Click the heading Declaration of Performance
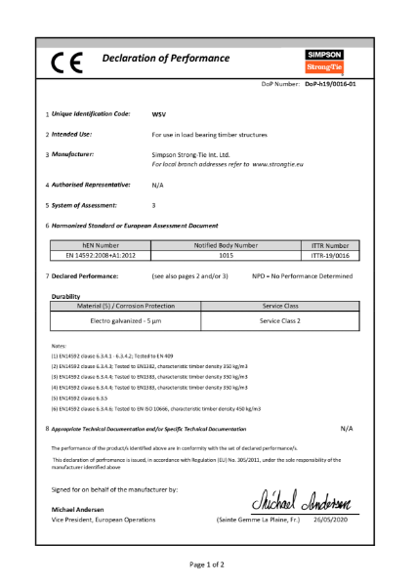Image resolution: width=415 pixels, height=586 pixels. coord(165,60)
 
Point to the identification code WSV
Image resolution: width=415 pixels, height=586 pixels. coord(159,114)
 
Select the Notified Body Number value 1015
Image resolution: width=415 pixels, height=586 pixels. coord(226,257)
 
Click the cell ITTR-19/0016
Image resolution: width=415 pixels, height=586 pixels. coord(336,257)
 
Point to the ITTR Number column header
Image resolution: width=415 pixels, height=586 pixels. coord(336,246)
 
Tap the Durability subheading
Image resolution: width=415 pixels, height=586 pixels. coord(66,294)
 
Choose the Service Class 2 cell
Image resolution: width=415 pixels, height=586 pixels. coord(279,320)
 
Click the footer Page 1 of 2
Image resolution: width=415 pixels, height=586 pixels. coord(207,565)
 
